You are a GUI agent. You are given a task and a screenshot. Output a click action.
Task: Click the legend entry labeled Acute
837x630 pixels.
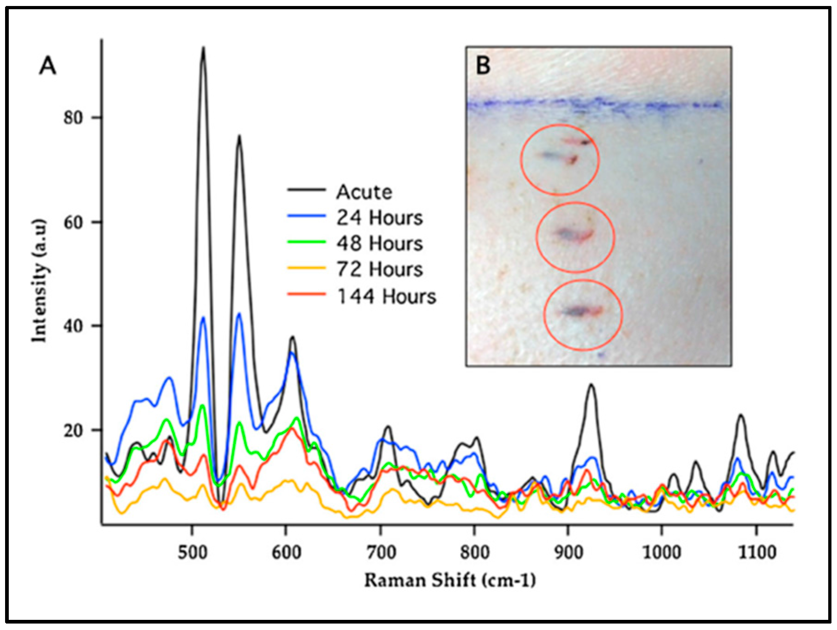(x=364, y=192)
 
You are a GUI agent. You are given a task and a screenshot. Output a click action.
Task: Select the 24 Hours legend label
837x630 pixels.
(x=379, y=218)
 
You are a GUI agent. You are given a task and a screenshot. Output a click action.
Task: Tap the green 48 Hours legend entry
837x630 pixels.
(x=379, y=244)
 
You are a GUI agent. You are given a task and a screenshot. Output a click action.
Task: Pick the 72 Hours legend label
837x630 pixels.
(x=379, y=269)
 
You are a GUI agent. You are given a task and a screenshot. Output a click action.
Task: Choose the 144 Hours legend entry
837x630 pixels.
(x=386, y=297)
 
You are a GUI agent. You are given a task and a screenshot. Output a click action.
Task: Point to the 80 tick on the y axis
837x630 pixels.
(x=73, y=118)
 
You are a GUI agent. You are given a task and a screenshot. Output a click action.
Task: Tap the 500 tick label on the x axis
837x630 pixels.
(x=192, y=552)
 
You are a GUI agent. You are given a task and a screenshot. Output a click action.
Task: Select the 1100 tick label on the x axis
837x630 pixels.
(x=757, y=552)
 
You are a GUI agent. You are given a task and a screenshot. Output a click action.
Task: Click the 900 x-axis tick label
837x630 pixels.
(x=568, y=552)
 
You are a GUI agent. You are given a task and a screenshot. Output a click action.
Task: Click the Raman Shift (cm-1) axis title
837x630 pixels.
(x=450, y=580)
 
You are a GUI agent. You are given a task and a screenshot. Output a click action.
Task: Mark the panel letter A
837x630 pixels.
(x=48, y=66)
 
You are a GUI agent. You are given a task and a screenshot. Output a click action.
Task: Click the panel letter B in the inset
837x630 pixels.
(x=483, y=65)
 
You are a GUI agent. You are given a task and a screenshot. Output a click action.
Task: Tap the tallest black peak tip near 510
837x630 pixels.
(x=203, y=48)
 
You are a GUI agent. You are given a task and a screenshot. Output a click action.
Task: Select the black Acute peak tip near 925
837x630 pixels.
(x=591, y=385)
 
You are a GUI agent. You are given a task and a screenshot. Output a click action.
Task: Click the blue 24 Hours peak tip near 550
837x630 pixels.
(x=239, y=314)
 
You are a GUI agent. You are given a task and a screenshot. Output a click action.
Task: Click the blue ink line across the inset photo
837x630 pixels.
(x=600, y=105)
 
